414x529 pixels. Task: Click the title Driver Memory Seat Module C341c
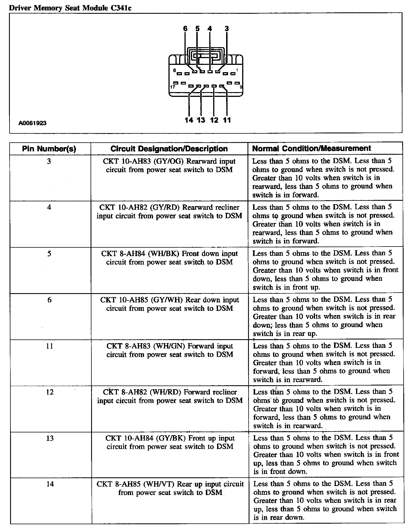[x=70, y=8]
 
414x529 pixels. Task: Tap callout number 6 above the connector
[x=185, y=29]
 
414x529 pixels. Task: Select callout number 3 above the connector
[x=227, y=29]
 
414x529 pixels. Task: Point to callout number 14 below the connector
[x=189, y=120]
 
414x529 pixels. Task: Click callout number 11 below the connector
[x=227, y=120]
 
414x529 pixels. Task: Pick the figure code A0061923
[x=32, y=123]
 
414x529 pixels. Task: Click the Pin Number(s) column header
[x=49, y=149]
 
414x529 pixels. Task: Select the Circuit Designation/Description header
[x=169, y=149]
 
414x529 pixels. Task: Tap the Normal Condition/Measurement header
[x=312, y=148]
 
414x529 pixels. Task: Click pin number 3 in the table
[x=49, y=161]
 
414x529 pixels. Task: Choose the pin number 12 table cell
[x=49, y=392]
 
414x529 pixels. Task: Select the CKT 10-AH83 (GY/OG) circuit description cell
[x=169, y=166]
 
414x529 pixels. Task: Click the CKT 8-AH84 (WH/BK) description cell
[x=169, y=258]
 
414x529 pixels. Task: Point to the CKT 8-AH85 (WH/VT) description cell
[x=170, y=488]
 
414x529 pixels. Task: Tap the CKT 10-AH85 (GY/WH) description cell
[x=170, y=304]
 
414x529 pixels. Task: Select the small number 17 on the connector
[x=173, y=87]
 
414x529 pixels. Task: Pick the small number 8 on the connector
[x=174, y=70]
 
